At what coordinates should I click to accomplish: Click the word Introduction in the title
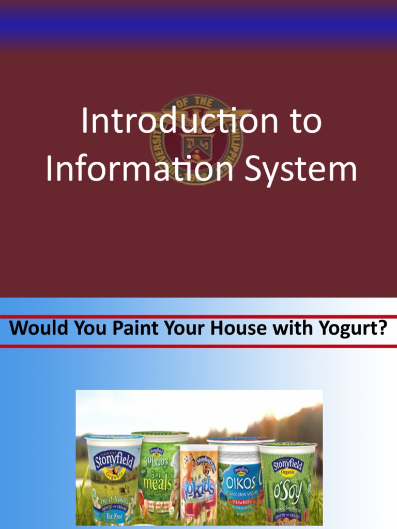[172, 122]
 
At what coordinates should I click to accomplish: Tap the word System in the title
[301, 169]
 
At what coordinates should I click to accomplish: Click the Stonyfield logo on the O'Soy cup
[287, 464]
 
